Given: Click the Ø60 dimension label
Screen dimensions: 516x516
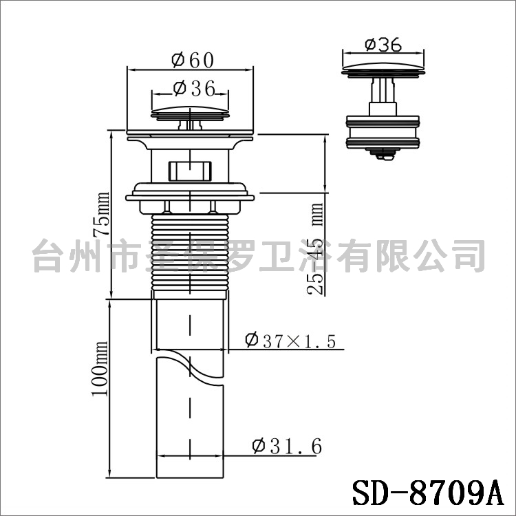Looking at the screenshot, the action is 193,60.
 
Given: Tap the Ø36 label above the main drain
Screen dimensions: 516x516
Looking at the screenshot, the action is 194,88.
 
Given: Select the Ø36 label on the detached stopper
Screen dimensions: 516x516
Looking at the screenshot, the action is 383,45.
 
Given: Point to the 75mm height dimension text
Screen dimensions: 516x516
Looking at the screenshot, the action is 101,214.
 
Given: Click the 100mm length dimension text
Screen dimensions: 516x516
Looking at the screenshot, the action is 100,369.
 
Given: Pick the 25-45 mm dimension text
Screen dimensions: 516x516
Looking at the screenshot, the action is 315,249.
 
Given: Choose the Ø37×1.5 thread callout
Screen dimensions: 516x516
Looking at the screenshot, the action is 290,341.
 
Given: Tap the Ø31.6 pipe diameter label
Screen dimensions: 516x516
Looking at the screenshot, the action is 287,447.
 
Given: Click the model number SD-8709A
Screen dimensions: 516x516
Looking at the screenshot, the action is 428,493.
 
